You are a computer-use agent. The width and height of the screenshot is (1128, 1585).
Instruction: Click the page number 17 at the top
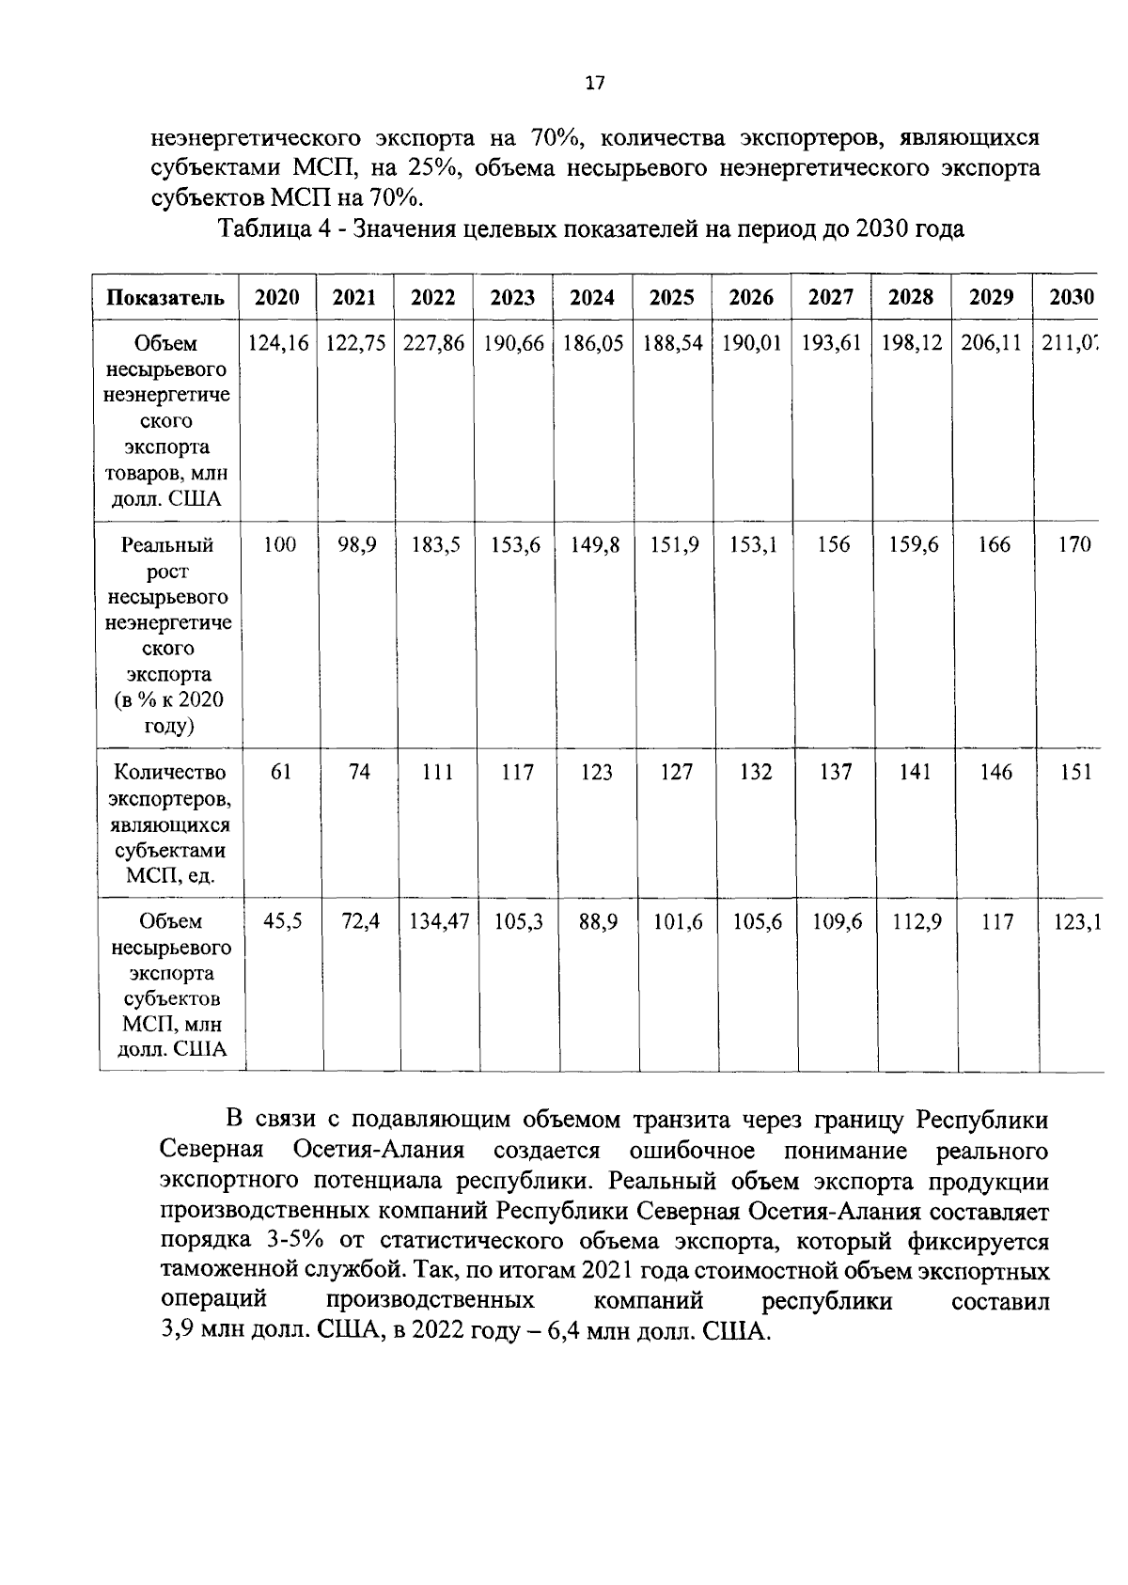[x=594, y=84]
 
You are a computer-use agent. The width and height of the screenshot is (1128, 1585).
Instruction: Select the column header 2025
[x=671, y=298]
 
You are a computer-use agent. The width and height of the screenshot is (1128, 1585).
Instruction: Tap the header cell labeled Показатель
[x=165, y=299]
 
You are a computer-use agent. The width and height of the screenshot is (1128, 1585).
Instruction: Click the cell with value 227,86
[x=433, y=344]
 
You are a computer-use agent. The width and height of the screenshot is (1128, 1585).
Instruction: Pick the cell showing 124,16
[x=277, y=344]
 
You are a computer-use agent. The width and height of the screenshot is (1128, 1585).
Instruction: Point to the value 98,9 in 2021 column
[x=357, y=545]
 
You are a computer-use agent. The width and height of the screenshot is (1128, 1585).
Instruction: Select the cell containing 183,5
[x=435, y=545]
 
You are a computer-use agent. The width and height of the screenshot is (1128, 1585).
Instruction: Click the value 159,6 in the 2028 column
[x=914, y=545]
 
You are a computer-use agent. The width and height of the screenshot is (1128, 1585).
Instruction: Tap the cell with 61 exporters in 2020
[x=280, y=772]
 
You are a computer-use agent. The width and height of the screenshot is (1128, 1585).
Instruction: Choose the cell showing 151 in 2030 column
[x=1074, y=772]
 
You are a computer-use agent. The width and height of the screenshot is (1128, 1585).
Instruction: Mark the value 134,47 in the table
[x=438, y=923]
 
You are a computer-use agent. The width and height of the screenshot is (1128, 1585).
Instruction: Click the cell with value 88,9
[x=598, y=923]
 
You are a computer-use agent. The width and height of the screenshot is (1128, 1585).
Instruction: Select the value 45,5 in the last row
[x=282, y=923]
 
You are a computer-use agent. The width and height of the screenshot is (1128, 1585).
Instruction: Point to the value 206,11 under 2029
[x=991, y=344]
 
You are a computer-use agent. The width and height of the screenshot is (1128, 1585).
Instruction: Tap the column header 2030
[x=1071, y=298]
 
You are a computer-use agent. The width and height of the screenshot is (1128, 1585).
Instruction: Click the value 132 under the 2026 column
[x=756, y=772]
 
